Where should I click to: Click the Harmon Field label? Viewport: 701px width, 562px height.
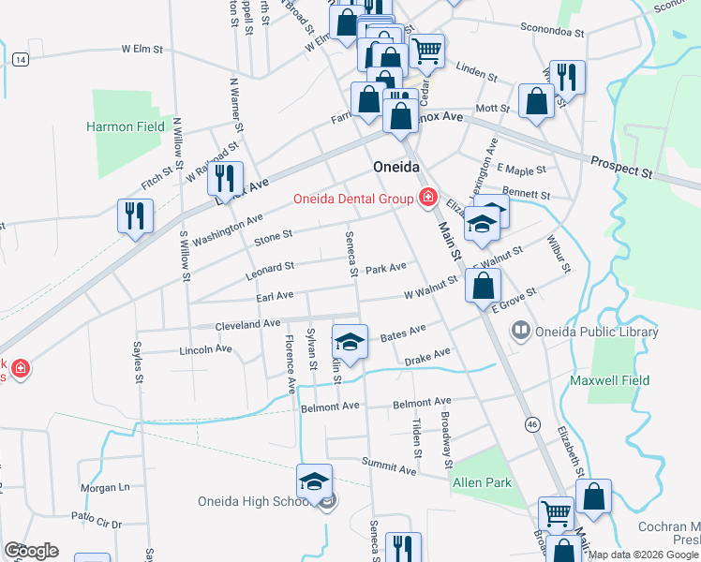(x=126, y=126)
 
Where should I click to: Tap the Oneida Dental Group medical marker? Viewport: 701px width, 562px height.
(x=428, y=197)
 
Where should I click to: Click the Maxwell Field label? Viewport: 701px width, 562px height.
(x=605, y=380)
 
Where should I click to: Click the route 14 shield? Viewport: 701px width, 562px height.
(x=20, y=59)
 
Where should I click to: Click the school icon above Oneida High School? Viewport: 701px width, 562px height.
(x=315, y=481)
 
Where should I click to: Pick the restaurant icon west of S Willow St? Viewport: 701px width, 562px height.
(x=135, y=215)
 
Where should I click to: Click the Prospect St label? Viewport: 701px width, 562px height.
(x=620, y=168)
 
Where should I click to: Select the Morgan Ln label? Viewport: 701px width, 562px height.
(x=104, y=487)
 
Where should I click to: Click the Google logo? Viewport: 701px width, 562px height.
(x=30, y=551)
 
